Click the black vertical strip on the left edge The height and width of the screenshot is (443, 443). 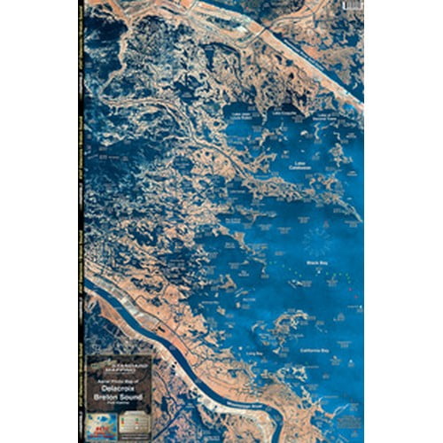coord(83,221)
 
